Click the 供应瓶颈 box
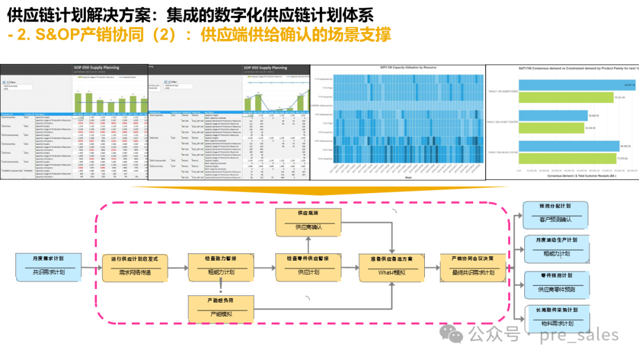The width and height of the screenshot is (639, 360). coord(308,220)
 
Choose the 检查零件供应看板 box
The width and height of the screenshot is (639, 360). coord(308,266)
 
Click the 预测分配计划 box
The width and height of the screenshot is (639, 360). coord(556,214)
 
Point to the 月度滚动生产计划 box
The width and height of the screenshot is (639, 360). coord(556,248)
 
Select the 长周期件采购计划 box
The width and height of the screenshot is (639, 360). coord(556,317)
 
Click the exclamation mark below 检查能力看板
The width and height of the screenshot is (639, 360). coord(221,287)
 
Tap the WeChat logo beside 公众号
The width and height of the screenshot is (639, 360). coord(455,336)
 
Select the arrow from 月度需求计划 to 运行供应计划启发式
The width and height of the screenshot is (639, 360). coord(91,267)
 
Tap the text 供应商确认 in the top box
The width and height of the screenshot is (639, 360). coord(308,226)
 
